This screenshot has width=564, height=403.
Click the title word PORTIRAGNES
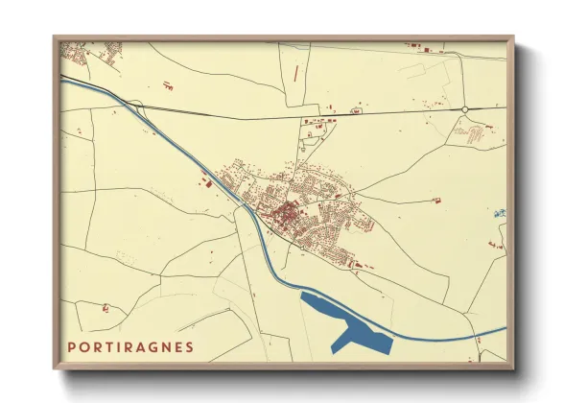pos(130,346)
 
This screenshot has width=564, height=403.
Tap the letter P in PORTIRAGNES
pos(72,346)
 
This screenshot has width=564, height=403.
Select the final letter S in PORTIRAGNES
pos(189,346)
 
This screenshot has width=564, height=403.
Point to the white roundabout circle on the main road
pos(465,110)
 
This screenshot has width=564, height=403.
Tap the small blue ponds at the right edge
pos(500,213)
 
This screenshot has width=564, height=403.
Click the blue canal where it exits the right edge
pos(499,330)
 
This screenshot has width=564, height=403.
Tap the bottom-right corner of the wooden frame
pos(514,369)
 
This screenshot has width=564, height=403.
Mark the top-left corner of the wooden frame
pos(55,37)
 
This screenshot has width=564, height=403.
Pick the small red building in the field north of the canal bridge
pos(168,87)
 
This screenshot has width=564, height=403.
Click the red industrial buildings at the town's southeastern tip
pos(357,263)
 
